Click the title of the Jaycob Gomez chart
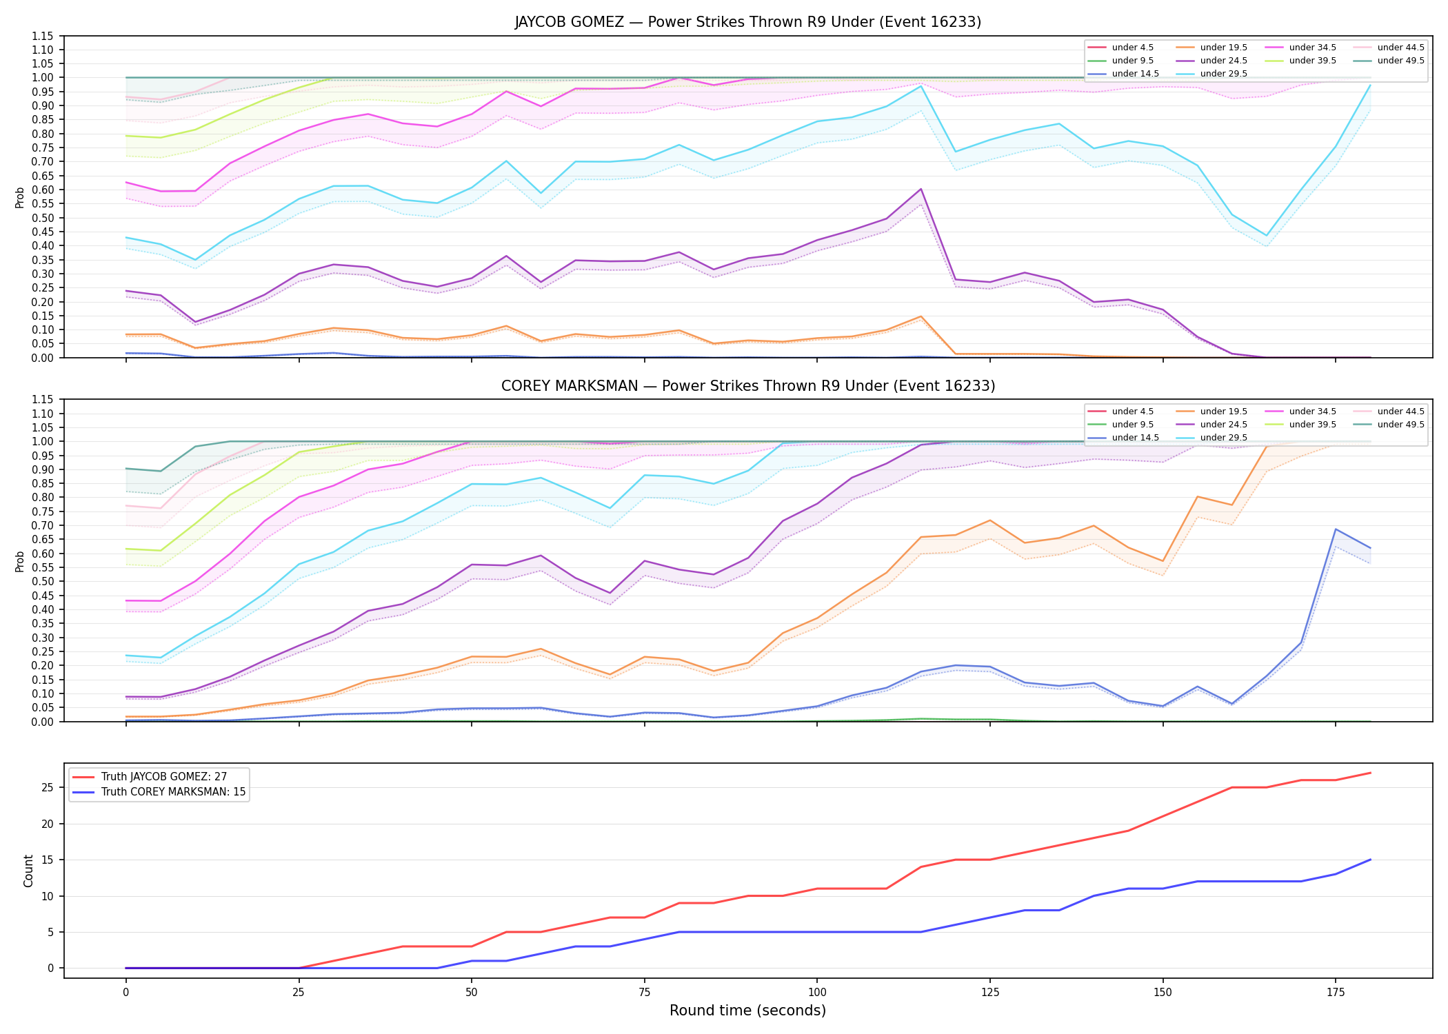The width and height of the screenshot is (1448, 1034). click(747, 22)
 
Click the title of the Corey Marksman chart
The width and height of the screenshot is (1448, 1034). click(747, 386)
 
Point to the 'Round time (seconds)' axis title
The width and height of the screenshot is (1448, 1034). click(747, 1011)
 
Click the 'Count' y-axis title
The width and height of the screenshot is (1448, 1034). click(28, 871)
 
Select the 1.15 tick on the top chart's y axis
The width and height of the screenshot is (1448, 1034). click(43, 36)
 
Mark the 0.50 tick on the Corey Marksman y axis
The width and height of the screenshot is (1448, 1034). click(43, 581)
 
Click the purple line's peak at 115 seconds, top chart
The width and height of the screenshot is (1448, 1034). click(921, 189)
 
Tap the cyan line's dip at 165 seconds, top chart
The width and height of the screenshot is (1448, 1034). click(1266, 236)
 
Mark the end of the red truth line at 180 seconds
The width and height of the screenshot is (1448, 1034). click(1370, 773)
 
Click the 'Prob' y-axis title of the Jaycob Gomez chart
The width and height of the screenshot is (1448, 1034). click(20, 197)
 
